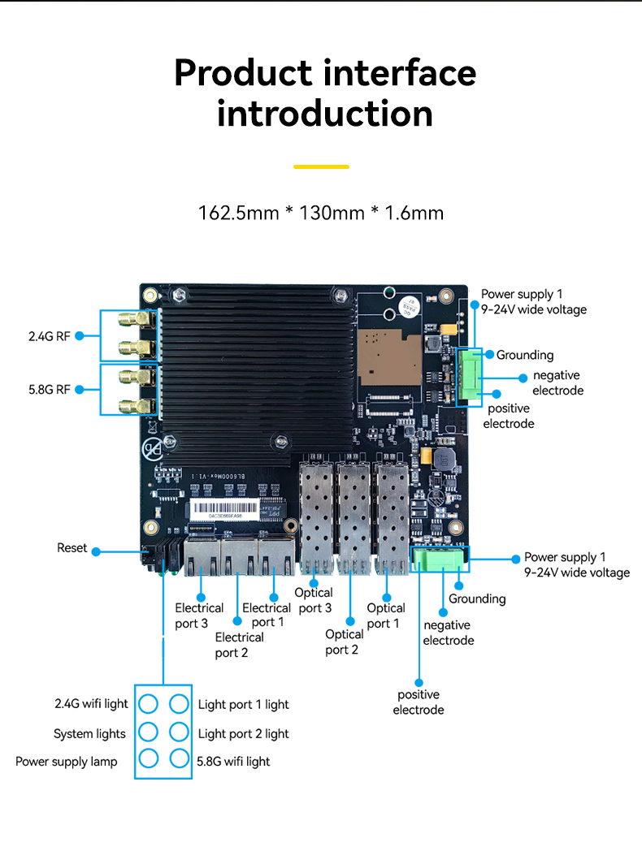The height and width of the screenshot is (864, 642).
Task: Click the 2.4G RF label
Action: pos(49,336)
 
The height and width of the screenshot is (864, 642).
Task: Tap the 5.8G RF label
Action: pos(49,389)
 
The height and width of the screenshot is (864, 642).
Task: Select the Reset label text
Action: pos(72,548)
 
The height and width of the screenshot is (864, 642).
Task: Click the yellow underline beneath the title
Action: pos(321,166)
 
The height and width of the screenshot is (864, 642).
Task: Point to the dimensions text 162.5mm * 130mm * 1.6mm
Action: pos(321,214)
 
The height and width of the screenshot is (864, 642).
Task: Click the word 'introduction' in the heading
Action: pos(324,114)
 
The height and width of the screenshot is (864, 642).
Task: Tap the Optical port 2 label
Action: pos(345,642)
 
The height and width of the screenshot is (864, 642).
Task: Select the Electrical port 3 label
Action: pos(199,616)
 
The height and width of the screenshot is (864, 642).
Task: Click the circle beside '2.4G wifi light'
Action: pos(148,703)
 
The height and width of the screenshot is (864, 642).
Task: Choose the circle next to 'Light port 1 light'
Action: pos(179,703)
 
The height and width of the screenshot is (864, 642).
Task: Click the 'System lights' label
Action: pos(89,734)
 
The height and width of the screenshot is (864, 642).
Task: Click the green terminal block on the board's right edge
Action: pos(469,376)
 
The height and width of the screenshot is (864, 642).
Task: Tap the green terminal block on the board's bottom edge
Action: pos(439,559)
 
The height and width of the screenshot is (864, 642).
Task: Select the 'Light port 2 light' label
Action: pos(243,734)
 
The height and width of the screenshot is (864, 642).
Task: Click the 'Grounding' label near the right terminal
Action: pos(525,355)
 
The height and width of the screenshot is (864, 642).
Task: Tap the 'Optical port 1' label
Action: pos(385,616)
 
